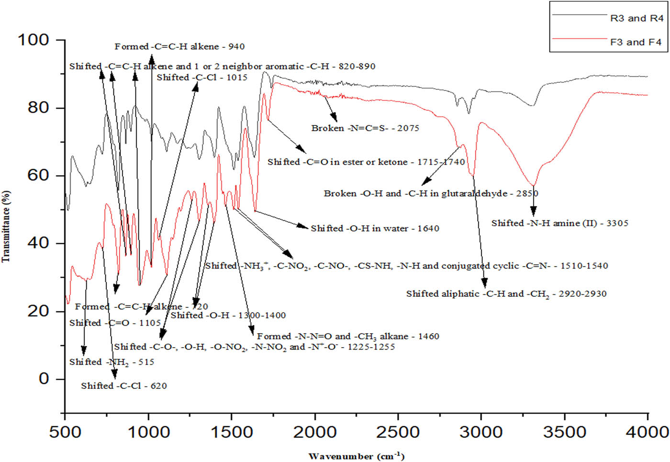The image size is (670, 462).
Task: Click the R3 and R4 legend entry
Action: click(636, 18)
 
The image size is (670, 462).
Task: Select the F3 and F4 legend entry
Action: click(636, 42)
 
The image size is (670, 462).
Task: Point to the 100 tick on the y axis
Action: click(33, 40)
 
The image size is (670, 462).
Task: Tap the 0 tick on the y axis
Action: click(44, 379)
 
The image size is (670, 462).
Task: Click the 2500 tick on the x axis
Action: click(398, 432)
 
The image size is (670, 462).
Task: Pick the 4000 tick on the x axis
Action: click(648, 432)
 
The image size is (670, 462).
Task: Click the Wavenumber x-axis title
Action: click(357, 456)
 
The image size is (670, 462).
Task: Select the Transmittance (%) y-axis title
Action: click(6, 226)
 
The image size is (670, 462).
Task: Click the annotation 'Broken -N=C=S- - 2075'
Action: click(365, 128)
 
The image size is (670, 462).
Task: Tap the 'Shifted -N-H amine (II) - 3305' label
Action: click(559, 223)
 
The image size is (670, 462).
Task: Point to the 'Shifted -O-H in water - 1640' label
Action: click(375, 228)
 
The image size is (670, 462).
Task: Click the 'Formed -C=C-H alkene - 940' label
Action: click(179, 46)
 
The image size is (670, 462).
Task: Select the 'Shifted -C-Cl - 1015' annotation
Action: click(202, 78)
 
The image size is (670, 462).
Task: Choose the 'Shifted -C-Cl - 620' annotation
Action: click(124, 386)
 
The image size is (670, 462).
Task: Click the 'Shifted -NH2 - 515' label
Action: click(112, 362)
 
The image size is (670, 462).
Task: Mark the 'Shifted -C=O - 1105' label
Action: click(115, 323)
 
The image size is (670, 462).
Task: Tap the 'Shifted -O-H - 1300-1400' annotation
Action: click(228, 315)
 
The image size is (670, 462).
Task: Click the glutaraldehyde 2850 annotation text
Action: click(431, 193)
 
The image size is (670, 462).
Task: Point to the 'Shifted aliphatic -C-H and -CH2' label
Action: click(506, 294)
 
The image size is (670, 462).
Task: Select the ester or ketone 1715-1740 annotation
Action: click(366, 162)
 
